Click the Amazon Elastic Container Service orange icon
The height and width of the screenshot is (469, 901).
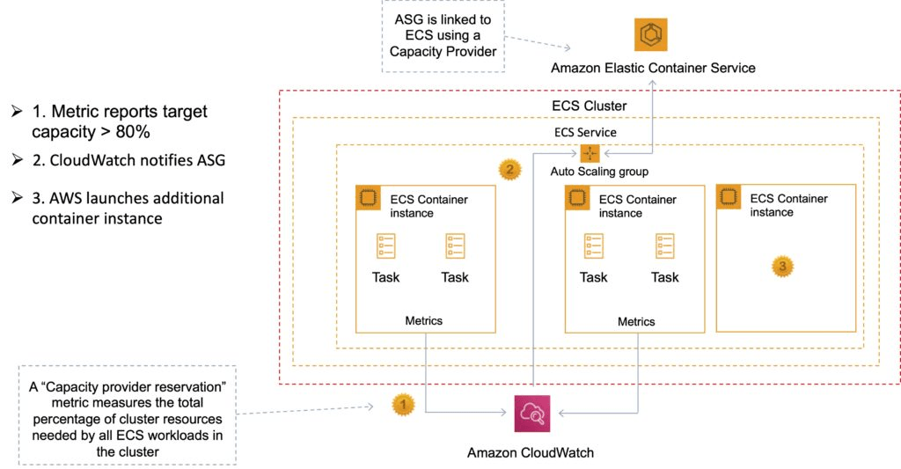(651, 34)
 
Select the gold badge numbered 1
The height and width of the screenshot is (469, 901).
(403, 406)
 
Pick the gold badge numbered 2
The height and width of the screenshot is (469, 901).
(509, 168)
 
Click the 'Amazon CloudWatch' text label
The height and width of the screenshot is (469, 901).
(531, 452)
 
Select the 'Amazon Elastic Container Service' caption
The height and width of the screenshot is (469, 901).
(653, 68)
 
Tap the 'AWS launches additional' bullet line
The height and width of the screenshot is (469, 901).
(128, 198)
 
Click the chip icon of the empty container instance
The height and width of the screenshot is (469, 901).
(728, 197)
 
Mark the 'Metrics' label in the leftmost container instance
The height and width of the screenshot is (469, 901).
(423, 320)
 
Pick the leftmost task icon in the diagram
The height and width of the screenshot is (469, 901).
(385, 245)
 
